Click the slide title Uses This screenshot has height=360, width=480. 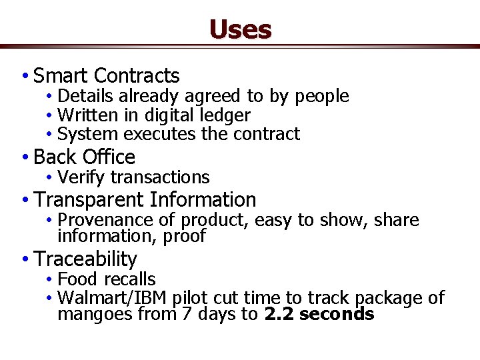(x=240, y=29)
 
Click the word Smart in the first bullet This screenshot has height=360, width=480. (x=61, y=75)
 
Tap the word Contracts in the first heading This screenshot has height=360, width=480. (x=137, y=75)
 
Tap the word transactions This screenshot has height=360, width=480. (x=160, y=177)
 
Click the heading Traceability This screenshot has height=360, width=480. (x=85, y=259)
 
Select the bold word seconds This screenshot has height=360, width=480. (x=337, y=314)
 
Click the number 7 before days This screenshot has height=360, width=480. (x=187, y=314)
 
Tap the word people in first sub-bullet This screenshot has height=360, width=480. (x=322, y=97)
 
